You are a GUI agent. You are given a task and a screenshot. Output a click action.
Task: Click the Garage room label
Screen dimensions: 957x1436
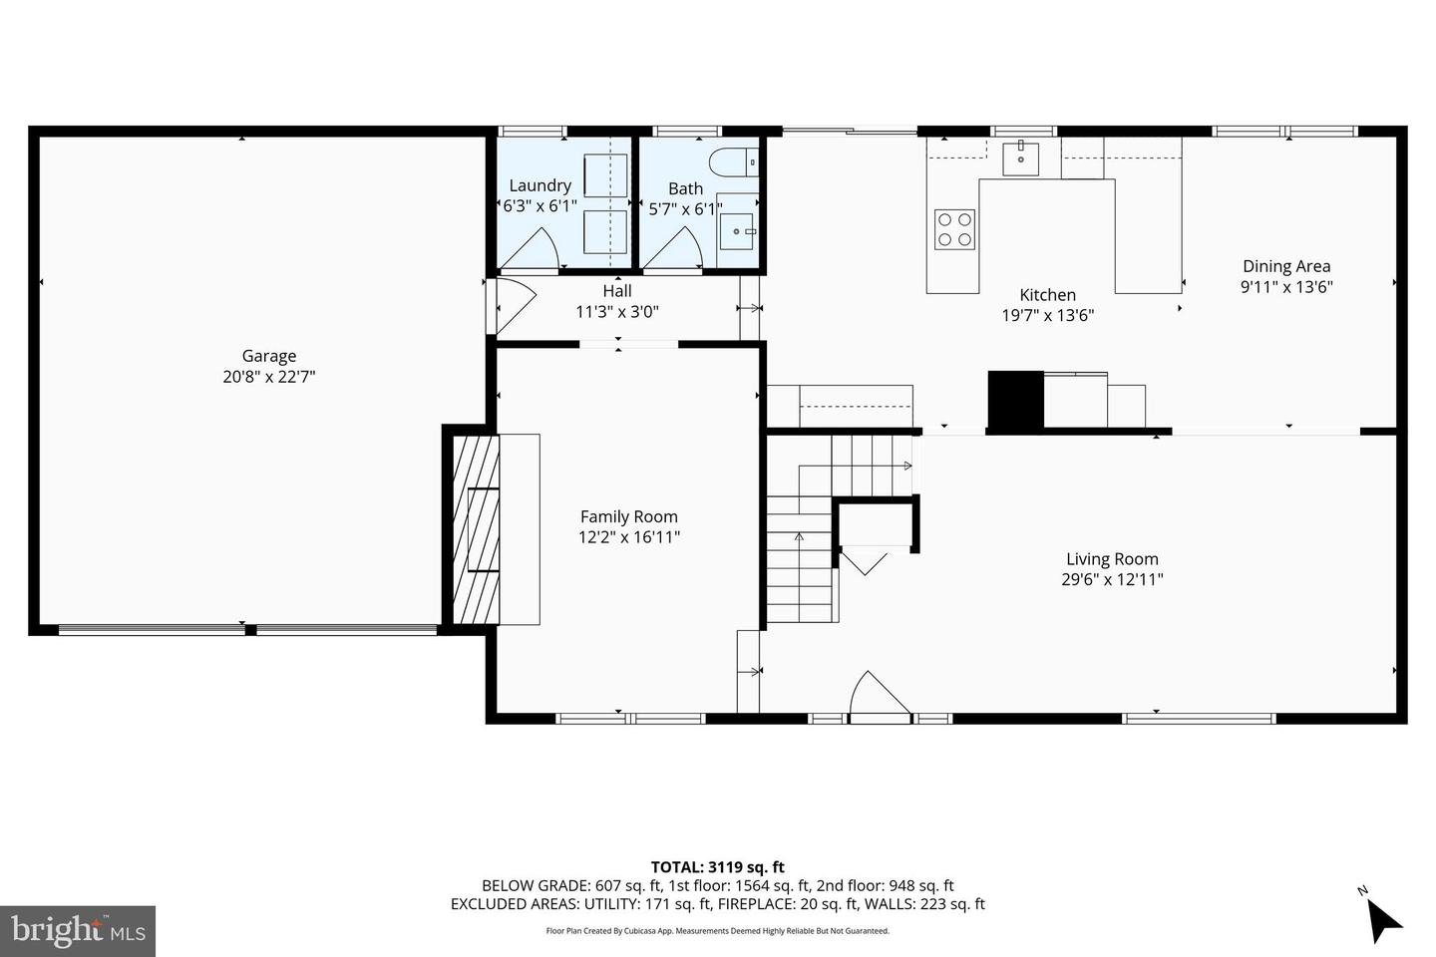click(269, 356)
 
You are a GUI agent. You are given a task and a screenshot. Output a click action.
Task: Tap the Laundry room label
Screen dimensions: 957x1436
click(539, 185)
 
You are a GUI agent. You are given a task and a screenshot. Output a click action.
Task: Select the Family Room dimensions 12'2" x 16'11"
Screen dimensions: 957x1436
click(629, 537)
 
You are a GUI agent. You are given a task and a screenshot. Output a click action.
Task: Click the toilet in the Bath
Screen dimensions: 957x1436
click(734, 160)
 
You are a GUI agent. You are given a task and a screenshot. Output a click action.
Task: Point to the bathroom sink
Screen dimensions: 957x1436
click(739, 231)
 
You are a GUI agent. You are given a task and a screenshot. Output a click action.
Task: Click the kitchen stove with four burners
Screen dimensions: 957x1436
click(954, 229)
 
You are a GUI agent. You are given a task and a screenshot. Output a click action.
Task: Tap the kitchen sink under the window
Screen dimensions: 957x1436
click(1020, 159)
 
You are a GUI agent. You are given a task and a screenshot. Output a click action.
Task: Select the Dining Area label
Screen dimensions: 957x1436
click(1286, 266)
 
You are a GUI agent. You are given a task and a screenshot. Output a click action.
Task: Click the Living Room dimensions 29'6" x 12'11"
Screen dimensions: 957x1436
click(1112, 579)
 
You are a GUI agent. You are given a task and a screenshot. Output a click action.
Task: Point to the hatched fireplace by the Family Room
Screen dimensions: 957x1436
click(476, 527)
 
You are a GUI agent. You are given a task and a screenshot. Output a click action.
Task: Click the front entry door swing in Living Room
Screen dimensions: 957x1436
click(876, 694)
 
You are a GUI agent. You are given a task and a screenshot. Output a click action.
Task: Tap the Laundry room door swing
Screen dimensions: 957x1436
click(534, 249)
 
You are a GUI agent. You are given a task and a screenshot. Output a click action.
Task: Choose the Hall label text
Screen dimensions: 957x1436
click(617, 291)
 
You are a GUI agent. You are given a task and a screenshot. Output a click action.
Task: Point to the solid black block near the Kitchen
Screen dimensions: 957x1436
click(1015, 400)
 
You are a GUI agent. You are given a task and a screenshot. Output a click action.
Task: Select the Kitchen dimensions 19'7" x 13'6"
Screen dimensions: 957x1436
click(1048, 316)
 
